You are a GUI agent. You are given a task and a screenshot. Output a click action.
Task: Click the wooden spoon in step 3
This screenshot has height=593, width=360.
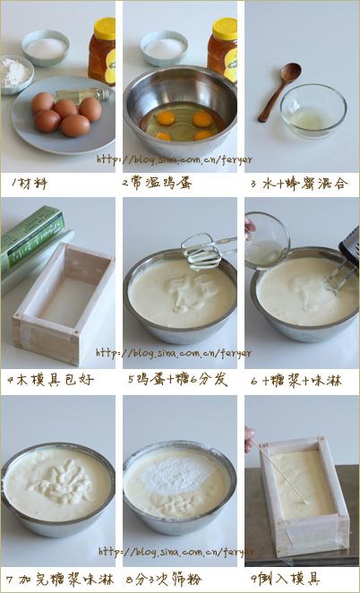pyautogui.click(x=279, y=90)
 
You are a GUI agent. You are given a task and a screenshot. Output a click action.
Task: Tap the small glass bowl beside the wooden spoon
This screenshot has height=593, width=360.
pyautogui.click(x=313, y=109)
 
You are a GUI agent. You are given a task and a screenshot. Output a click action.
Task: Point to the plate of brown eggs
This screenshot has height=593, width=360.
pyautogui.click(x=63, y=116)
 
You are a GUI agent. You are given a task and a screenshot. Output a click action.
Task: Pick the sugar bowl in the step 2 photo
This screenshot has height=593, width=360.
pyautogui.click(x=164, y=47)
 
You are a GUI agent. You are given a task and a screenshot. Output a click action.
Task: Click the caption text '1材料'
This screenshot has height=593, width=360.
pyautogui.click(x=29, y=183)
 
